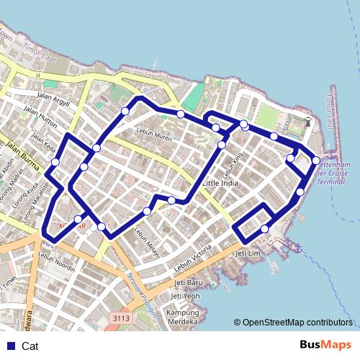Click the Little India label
click(220, 184)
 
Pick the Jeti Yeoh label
click(186, 296)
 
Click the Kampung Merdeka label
click(183, 318)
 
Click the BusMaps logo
click(325, 345)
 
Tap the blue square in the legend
click(10, 346)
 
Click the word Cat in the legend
click(30, 346)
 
